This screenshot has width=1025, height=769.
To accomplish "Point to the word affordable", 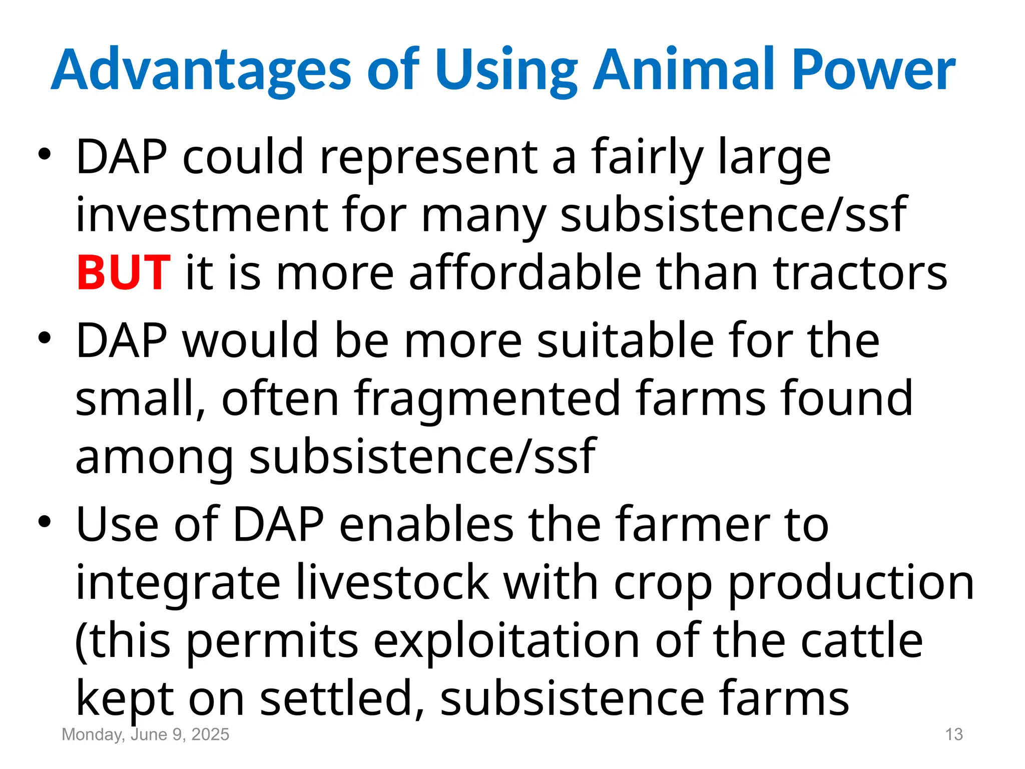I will click(525, 273).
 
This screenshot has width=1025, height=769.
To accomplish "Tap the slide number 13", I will click(953, 734).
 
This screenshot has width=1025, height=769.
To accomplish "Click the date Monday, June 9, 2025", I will click(145, 734).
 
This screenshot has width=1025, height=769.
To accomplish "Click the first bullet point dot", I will click(45, 155).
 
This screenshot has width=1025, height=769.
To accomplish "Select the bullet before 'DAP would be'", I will click(45, 338).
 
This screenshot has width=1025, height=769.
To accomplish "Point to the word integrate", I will click(177, 583).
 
